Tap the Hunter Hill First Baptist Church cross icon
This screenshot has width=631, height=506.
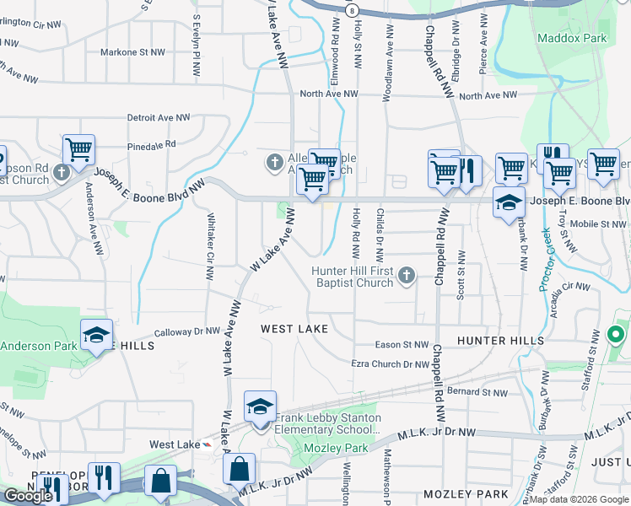[x=407, y=274]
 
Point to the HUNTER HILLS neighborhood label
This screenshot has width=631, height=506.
[x=501, y=340]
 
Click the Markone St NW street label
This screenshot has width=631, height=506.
[x=132, y=52]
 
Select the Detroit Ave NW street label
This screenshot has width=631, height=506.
[x=160, y=117]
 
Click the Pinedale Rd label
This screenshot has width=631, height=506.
[x=152, y=145]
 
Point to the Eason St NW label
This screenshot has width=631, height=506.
[x=402, y=344]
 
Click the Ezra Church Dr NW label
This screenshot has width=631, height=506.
[x=390, y=364]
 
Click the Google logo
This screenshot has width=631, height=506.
[x=28, y=496]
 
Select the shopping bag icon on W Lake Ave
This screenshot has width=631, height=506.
[x=240, y=467]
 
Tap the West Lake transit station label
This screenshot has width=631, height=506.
[x=175, y=444]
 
